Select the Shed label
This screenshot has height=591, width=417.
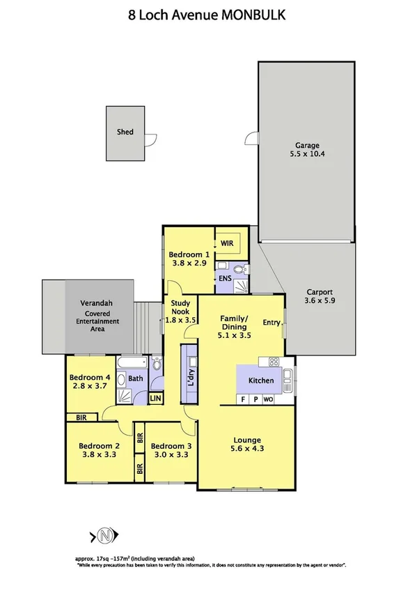(x=125, y=131)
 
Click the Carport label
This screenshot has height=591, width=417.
(x=320, y=293)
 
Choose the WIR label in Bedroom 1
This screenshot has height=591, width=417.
(x=227, y=244)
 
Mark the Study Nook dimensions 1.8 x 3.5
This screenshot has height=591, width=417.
(x=181, y=320)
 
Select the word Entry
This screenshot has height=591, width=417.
(x=272, y=322)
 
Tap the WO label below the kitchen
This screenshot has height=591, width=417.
(x=267, y=399)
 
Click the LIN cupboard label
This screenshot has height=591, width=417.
(x=157, y=399)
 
